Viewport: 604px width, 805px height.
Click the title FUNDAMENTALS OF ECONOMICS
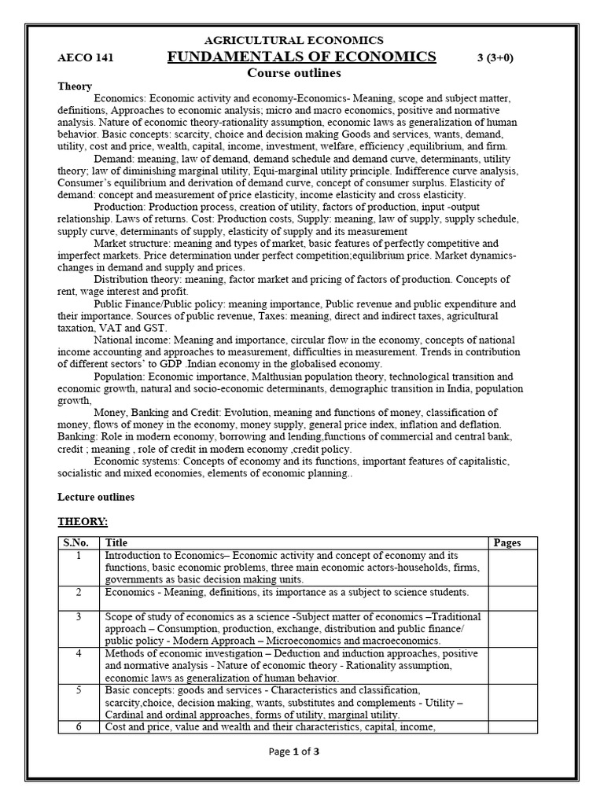click(302, 56)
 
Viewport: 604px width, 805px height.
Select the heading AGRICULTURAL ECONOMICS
click(294, 39)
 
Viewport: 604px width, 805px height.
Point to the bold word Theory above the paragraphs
click(75, 86)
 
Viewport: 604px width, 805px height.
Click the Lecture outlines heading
click(96, 497)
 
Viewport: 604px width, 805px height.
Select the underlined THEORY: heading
click(83, 521)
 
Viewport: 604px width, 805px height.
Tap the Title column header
click(116, 542)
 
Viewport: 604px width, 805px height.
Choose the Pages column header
click(508, 542)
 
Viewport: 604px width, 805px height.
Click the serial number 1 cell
click(79, 555)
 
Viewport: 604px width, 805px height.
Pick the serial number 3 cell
click(79, 617)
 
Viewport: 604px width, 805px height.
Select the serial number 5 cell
click(79, 690)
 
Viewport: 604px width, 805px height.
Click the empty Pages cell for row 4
click(513, 665)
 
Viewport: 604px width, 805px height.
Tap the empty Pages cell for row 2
click(513, 597)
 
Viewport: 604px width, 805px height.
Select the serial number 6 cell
click(79, 727)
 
